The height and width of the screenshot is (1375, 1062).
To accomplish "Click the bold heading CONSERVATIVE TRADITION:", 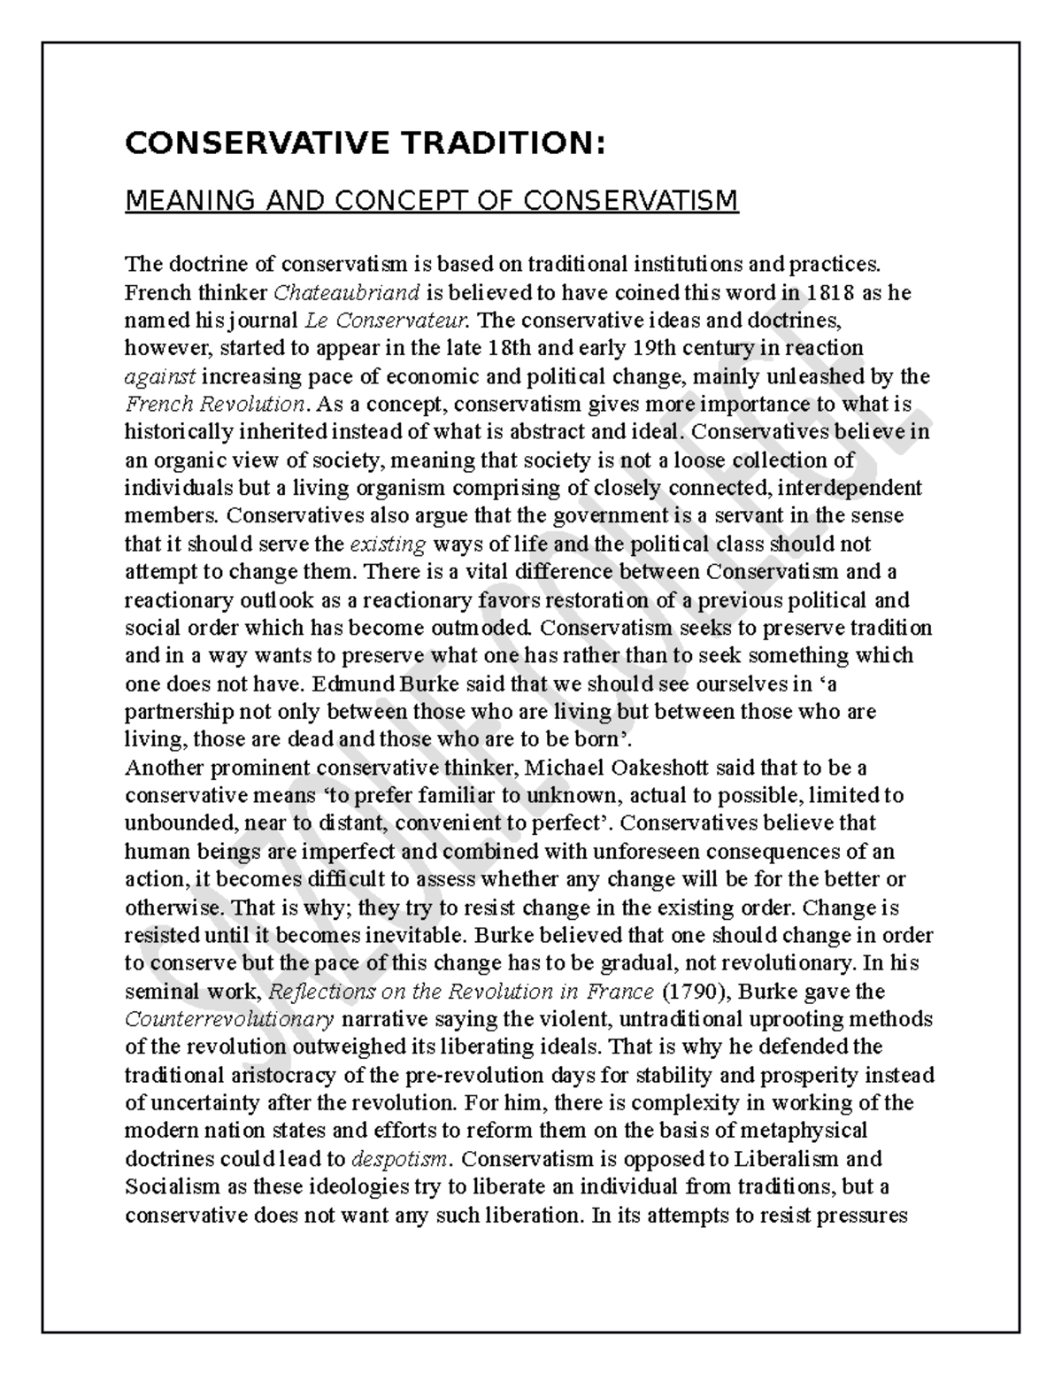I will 366,143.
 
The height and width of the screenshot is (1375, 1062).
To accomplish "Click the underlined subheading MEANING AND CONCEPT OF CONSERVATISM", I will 431,202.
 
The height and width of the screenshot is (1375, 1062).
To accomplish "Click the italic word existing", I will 389,544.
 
